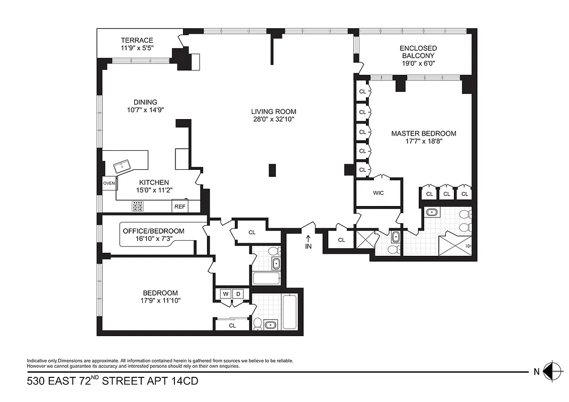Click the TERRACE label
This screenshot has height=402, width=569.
coord(137,40)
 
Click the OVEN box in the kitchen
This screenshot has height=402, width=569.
coord(109,183)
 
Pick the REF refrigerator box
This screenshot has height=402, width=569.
coord(179,207)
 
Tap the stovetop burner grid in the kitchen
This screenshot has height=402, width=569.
coord(138,206)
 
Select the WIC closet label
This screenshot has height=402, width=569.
coord(378,193)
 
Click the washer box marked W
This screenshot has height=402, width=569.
coord(224,294)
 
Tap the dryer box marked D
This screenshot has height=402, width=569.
coord(239,294)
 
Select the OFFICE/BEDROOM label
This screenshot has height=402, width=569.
coord(153,231)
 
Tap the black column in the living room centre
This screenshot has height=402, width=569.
coord(272,170)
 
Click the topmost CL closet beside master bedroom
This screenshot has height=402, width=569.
coord(362,91)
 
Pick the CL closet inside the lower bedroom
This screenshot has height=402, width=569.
coord(232,326)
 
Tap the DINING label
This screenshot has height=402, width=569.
coord(145,102)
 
